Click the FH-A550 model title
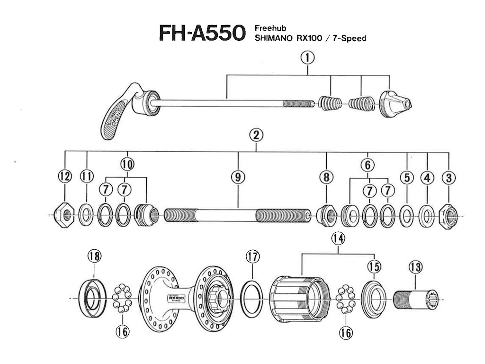201,34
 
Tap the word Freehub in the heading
270,28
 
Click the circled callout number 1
308,58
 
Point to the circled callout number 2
256,136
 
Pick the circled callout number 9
238,177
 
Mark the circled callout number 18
94,256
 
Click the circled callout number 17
253,257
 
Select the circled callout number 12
64,177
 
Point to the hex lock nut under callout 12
64,215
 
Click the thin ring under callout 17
253,298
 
